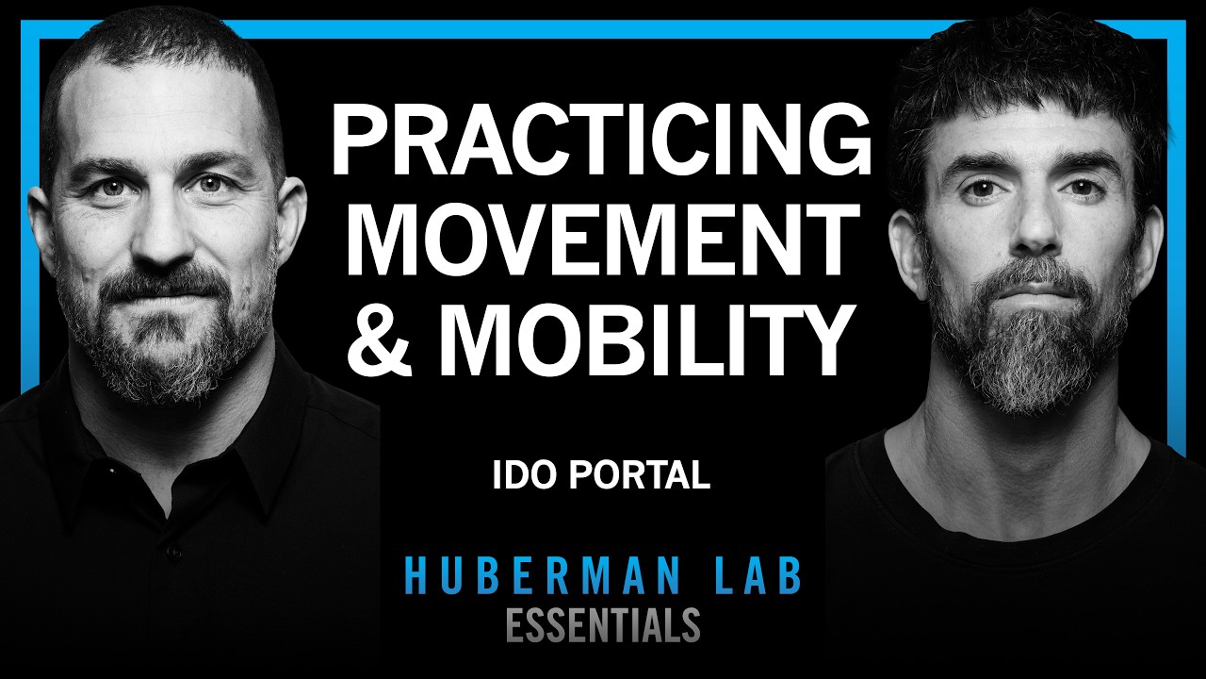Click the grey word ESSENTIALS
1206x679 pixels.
603,624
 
